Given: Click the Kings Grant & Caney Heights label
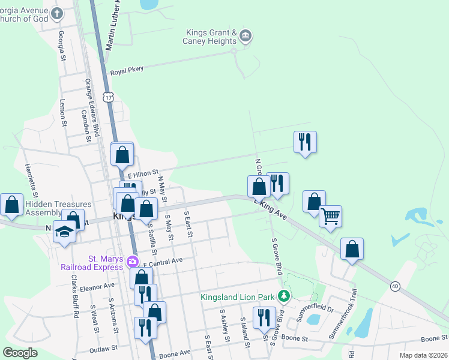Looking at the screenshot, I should tap(211, 37).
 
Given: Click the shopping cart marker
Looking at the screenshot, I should tap(330, 217).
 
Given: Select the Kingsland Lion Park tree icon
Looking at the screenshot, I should tap(285, 296).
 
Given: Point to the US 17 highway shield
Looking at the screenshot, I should tap(108, 97).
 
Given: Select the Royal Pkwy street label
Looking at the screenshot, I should tap(127, 70).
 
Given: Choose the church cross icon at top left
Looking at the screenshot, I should tap(57, 13).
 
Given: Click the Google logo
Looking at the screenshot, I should tap(20, 353).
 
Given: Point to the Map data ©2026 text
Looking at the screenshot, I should tap(415, 355).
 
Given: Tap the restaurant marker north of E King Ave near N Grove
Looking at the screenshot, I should tap(305, 142).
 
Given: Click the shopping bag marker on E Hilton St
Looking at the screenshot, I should tap(122, 154).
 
